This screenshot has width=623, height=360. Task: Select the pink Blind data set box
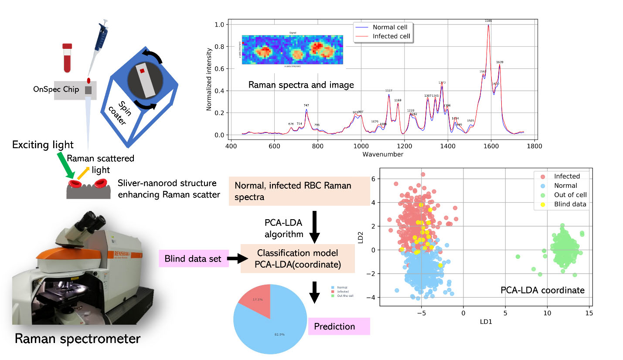tap(193, 259)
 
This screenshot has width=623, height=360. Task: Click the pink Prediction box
tap(339, 326)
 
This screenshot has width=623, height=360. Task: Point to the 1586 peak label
tap(488, 20)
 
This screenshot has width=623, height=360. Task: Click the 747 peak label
tap(306, 105)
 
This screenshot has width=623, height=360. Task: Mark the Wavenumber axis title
tap(382, 154)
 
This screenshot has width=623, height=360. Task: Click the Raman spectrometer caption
tap(77, 339)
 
